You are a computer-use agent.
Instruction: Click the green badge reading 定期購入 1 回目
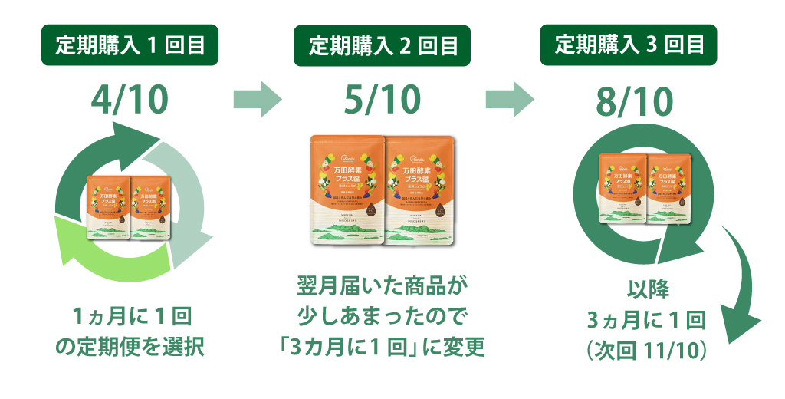point(130,45)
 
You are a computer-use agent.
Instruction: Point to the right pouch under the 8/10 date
point(667,187)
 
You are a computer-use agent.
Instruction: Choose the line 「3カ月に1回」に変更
point(381,347)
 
